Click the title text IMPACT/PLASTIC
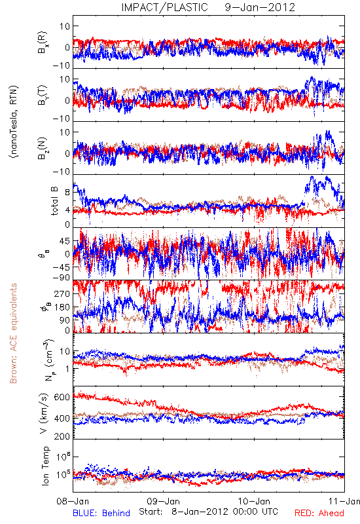165,7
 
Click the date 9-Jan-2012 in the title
260,7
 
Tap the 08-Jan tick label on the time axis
73,501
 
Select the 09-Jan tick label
163,501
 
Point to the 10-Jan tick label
254,501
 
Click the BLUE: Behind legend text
101,513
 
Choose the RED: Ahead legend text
319,513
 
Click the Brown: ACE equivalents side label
13,333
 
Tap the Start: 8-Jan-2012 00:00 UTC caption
208,512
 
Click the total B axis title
54,201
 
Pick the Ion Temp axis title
45,466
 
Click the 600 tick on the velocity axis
62,397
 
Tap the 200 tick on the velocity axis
62,436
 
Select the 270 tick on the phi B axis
62,293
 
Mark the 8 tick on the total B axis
67,192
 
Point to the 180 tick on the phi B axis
62,307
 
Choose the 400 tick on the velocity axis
62,419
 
